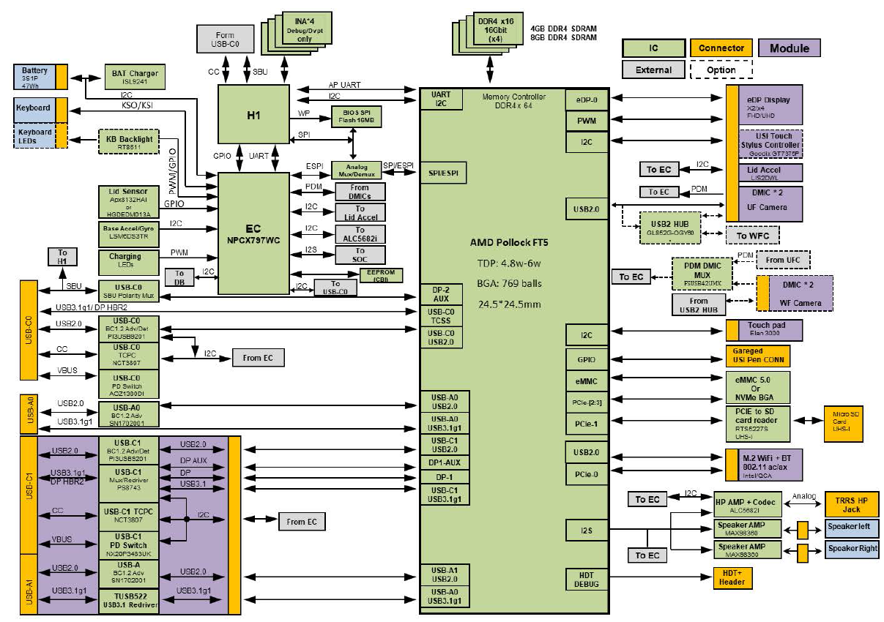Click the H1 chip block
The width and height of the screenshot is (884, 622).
point(253,113)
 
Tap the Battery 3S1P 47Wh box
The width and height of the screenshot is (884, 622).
point(35,77)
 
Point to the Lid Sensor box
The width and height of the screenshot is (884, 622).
point(129,202)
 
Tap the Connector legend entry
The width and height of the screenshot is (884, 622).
point(721,48)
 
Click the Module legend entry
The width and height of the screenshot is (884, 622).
point(789,48)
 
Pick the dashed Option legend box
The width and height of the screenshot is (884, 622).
point(721,70)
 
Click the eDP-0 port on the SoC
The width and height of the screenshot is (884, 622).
point(587,98)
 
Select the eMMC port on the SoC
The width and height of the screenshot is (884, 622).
point(587,381)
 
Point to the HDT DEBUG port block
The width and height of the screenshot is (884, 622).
point(587,579)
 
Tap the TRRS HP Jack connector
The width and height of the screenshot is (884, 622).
point(852,503)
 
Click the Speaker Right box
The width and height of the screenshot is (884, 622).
point(853,548)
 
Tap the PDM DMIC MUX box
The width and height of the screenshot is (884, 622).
point(701,273)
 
